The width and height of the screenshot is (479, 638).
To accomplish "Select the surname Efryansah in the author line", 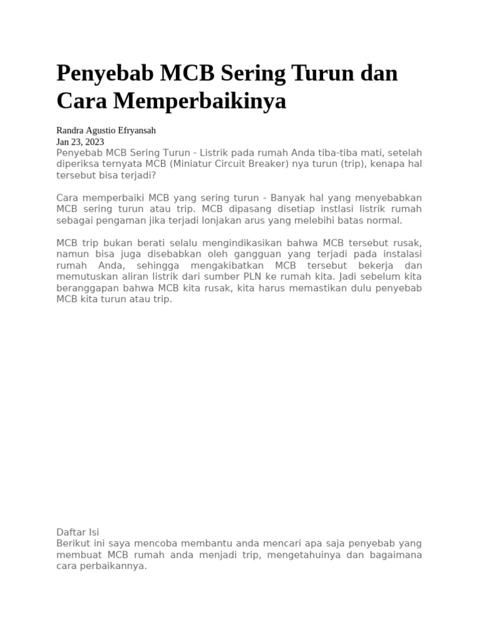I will coord(135,131).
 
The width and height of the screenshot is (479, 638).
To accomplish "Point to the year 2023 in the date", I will coord(93,142).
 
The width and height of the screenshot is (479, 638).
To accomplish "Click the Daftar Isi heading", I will coord(77,532).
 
